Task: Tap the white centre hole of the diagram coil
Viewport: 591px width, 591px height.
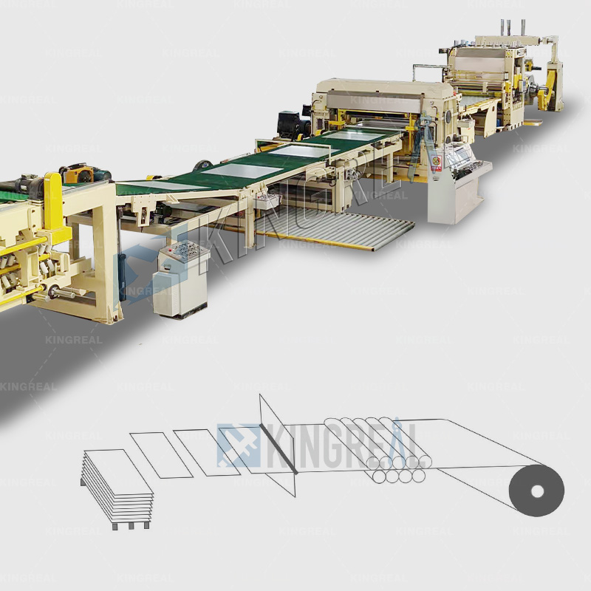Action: coord(536,491)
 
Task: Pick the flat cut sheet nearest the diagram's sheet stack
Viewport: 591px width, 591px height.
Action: coord(160,454)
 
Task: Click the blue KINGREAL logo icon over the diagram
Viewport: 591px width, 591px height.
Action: coord(239,445)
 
